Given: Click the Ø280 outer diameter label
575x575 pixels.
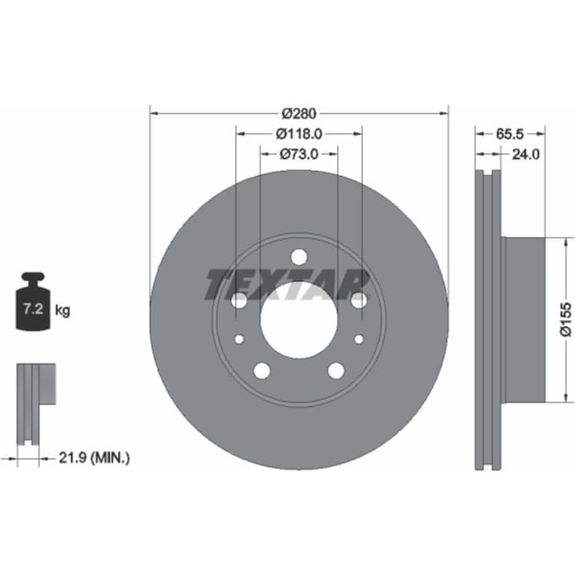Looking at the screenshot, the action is point(298,113).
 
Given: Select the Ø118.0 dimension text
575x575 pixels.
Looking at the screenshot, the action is point(298,134).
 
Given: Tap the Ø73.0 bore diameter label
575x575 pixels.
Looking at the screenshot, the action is point(298,154).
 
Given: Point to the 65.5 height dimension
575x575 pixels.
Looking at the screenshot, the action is point(510,134).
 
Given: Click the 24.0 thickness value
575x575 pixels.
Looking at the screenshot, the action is point(525,155).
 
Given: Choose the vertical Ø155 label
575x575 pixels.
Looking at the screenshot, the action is point(566,319).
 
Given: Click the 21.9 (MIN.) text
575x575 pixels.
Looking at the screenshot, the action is point(94,457).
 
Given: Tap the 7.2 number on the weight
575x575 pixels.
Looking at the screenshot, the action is point(33,309).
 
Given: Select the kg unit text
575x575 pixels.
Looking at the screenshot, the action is point(63,310).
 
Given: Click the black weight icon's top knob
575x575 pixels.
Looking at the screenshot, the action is point(33,277).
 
